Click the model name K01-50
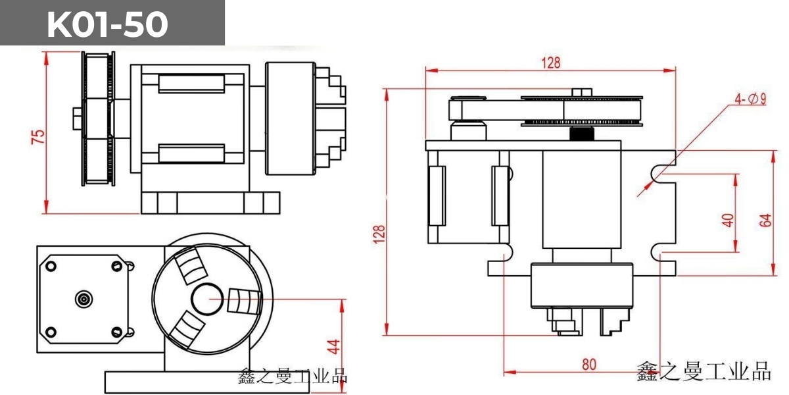coord(108,24)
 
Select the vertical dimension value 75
coord(39,136)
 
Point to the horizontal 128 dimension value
coord(551,63)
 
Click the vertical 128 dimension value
coord(379,234)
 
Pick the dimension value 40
coord(727,219)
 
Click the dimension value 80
coord(588,364)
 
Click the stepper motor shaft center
coord(83,299)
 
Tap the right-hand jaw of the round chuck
coord(240,300)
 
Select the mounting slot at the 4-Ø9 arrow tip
coord(659,173)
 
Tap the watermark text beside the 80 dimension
coord(704,372)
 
